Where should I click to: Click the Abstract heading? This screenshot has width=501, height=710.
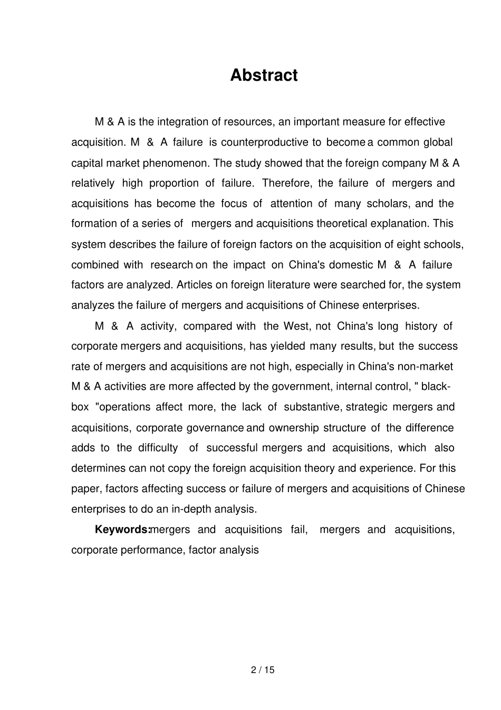(x=264, y=75)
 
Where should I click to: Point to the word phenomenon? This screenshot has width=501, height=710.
(x=179, y=163)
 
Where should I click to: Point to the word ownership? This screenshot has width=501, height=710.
(x=294, y=428)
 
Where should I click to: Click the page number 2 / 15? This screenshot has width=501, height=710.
(x=263, y=670)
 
